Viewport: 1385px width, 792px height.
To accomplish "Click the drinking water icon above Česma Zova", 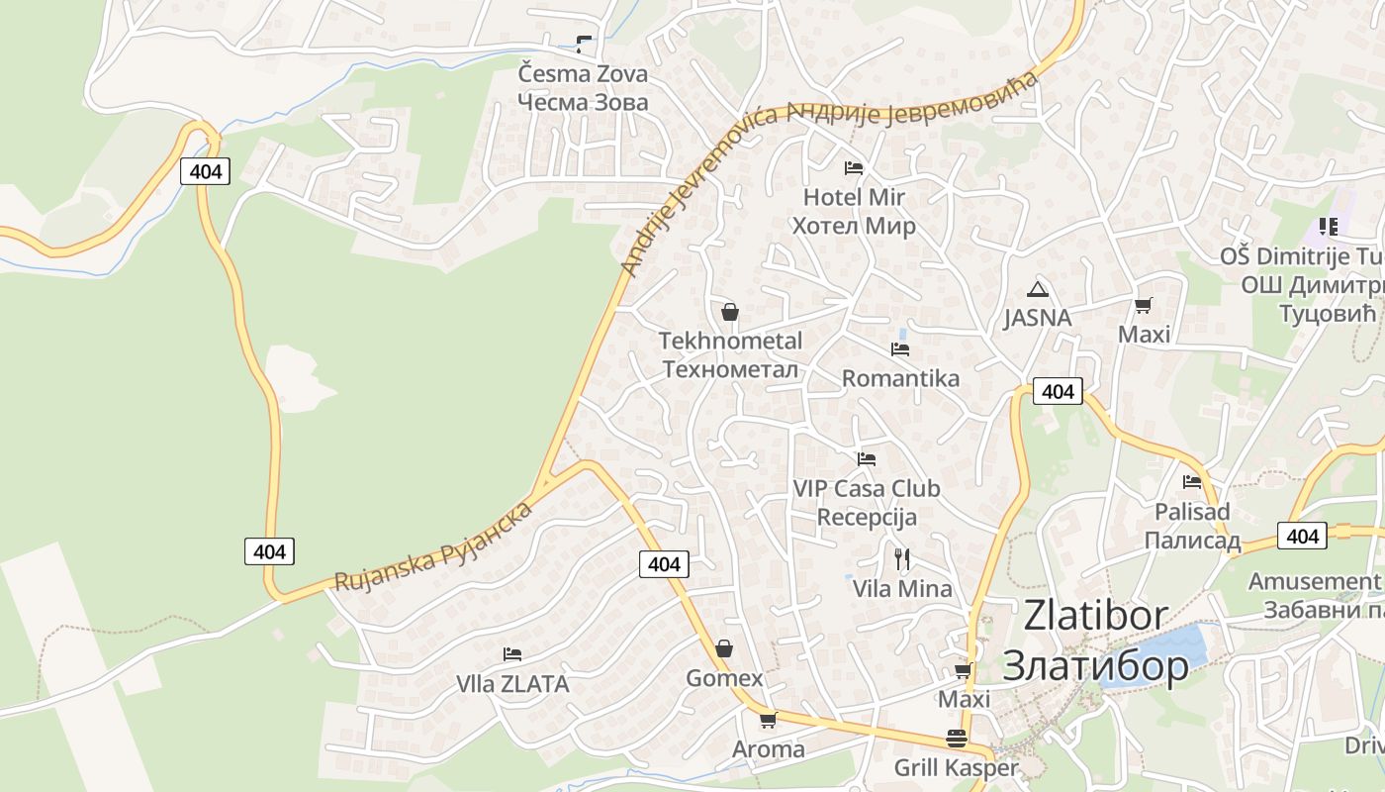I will point(583,44).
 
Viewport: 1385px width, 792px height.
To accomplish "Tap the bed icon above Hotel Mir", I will point(853,167).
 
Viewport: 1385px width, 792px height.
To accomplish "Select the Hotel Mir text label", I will point(853,197).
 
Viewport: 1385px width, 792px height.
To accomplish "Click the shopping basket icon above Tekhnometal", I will point(729,312).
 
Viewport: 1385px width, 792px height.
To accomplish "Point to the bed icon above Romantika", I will point(899,348).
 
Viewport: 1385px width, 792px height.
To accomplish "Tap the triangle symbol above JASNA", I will point(1037,289).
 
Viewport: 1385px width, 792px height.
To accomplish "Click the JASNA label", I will point(1037,318).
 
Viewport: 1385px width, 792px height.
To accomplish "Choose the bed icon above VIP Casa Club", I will point(866,458).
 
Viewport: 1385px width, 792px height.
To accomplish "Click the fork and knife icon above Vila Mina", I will point(901,559).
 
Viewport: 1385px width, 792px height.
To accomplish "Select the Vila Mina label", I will point(902,589).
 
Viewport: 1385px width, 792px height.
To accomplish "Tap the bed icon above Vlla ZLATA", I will point(511,653).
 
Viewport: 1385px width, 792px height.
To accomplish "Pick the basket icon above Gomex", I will point(724,648).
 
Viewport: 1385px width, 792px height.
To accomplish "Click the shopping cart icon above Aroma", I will point(768,720).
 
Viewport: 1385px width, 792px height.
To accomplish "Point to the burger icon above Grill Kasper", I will point(956,739).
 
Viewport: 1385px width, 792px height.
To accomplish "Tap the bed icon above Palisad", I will point(1191,482).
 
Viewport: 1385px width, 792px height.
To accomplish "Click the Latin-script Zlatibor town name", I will point(1095,615).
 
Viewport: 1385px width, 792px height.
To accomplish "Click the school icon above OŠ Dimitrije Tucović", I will point(1328,227).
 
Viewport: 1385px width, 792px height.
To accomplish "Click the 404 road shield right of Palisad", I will point(1302,536).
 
